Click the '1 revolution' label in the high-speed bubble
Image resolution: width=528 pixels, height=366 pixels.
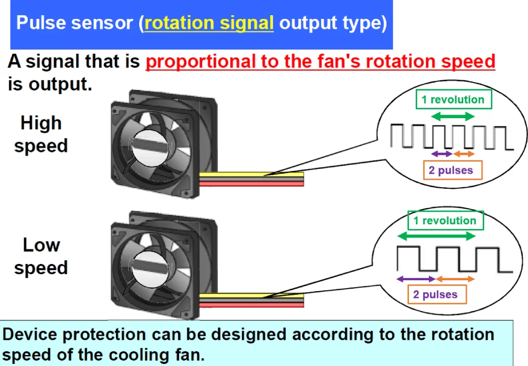453,99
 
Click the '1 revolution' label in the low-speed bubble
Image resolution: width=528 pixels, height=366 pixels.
445,221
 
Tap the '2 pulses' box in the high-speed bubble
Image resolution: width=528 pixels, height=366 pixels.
452,170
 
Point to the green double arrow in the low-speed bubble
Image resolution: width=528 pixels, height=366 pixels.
437,236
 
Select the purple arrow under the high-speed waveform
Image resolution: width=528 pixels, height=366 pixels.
441,154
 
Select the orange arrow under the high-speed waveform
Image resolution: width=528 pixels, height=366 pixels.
464,154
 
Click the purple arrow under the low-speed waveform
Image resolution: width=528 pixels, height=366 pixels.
416,279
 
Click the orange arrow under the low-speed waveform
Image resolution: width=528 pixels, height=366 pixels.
455,279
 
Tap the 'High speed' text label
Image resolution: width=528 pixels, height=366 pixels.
41,134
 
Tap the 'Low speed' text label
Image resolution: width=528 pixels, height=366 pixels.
41,256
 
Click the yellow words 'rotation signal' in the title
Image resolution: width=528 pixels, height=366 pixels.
209,24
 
